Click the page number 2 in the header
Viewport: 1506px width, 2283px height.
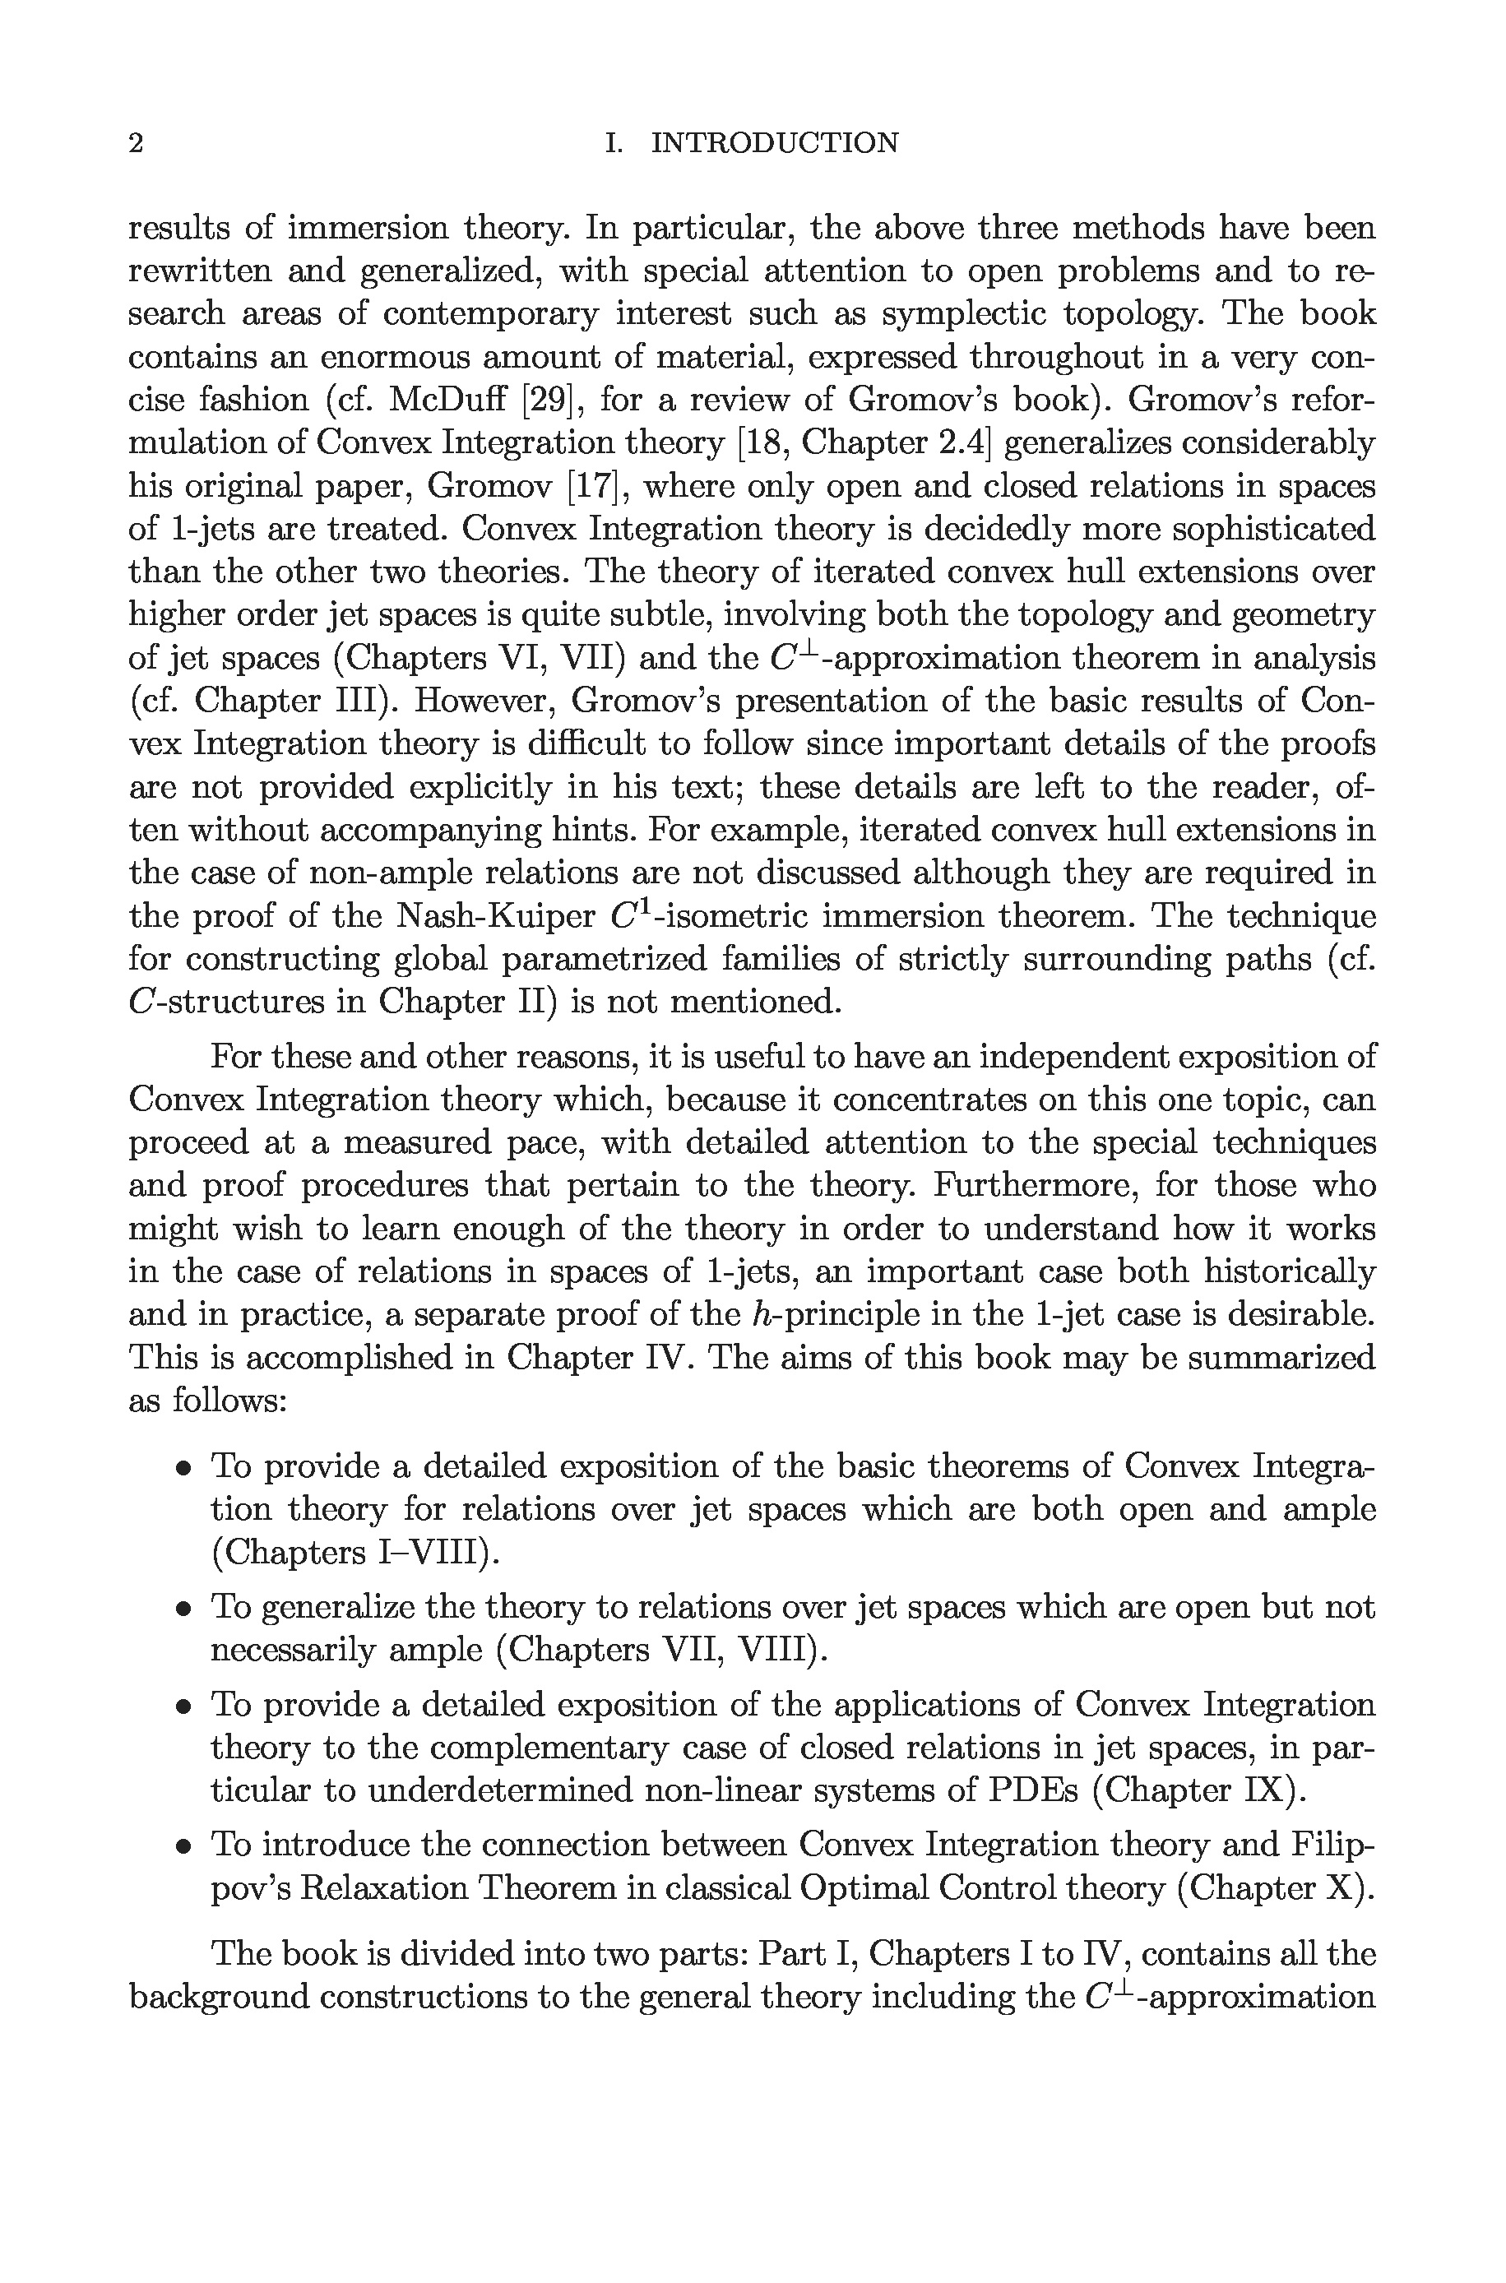(x=137, y=143)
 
